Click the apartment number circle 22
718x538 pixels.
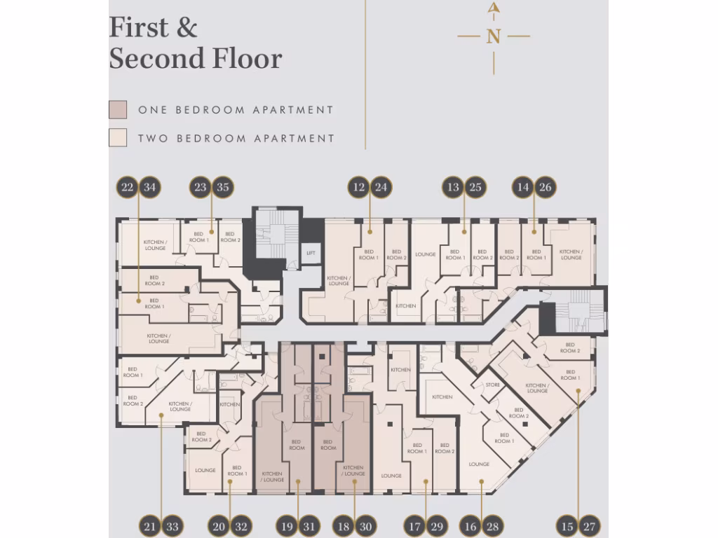128,187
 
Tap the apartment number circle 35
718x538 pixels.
223,187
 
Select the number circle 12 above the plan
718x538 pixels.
358,187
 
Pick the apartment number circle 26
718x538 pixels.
545,187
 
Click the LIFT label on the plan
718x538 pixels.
311,254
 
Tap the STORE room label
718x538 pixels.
493,385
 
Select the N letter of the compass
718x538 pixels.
494,36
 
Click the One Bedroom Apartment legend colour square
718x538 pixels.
118,110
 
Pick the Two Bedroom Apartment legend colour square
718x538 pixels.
118,138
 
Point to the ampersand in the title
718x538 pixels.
186,28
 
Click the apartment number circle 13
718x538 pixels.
453,187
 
